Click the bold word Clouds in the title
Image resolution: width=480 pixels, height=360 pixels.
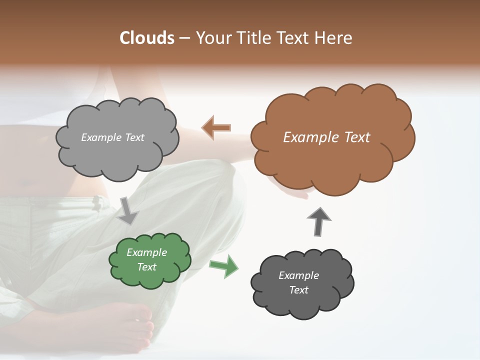pos(147,38)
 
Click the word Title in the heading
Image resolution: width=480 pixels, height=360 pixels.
pos(253,38)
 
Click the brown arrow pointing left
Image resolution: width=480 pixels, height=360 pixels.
pos(216,128)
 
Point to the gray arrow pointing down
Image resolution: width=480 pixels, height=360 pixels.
pos(128,210)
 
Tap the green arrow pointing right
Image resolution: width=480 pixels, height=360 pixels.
pos(224,265)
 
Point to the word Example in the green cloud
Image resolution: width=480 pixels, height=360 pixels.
pos(146,252)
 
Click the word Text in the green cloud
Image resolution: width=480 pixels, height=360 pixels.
pos(147,267)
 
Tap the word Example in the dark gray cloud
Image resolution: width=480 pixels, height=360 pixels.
pos(298,275)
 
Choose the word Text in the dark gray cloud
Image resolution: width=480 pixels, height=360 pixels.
pos(298,290)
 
